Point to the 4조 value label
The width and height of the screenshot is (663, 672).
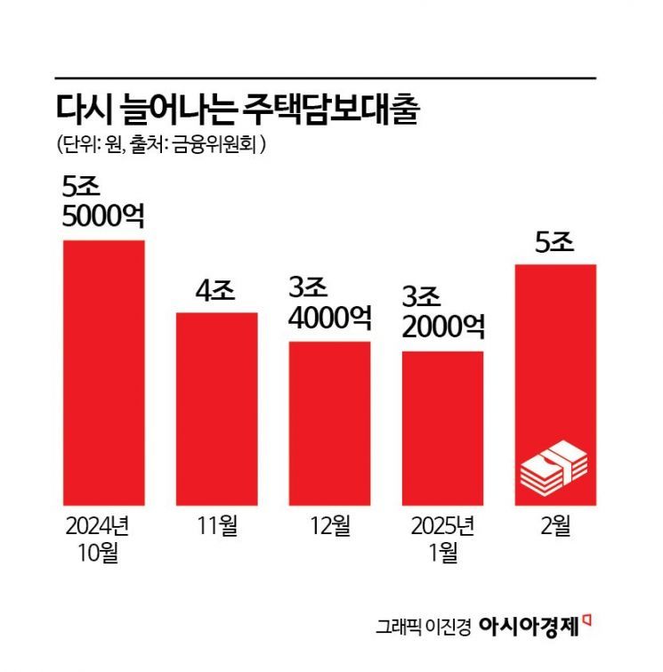point(215,291)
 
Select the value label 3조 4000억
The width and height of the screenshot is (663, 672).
point(329,304)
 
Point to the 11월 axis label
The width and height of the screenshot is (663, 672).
point(216,526)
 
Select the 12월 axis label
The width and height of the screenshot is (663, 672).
point(329,526)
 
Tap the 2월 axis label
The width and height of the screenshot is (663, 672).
point(554,526)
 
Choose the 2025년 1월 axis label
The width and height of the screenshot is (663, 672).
point(442,538)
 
